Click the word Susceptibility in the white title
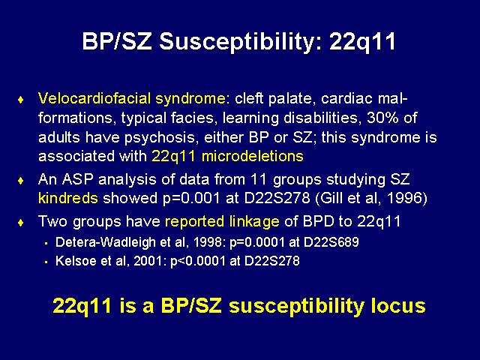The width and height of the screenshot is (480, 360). pyautogui.click(x=240, y=42)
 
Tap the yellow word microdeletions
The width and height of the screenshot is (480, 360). pyautogui.click(x=253, y=156)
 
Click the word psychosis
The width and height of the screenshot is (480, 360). pyautogui.click(x=160, y=138)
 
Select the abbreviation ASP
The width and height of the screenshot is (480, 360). pyautogui.click(x=77, y=179)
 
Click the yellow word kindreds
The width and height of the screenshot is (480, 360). pyautogui.click(x=68, y=198)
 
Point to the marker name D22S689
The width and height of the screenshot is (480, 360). pyautogui.click(x=331, y=242)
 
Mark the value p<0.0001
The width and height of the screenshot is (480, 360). pyautogui.click(x=196, y=262)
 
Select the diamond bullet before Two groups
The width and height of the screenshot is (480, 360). pyautogui.click(x=21, y=223)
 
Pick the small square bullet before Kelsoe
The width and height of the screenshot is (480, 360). pyautogui.click(x=46, y=262)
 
